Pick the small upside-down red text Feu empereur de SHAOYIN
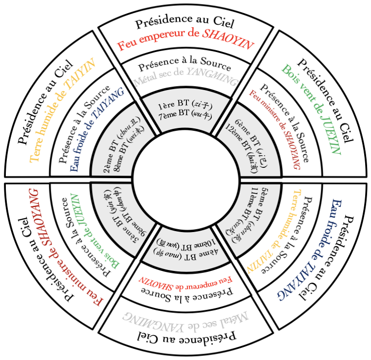coord(185,281)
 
